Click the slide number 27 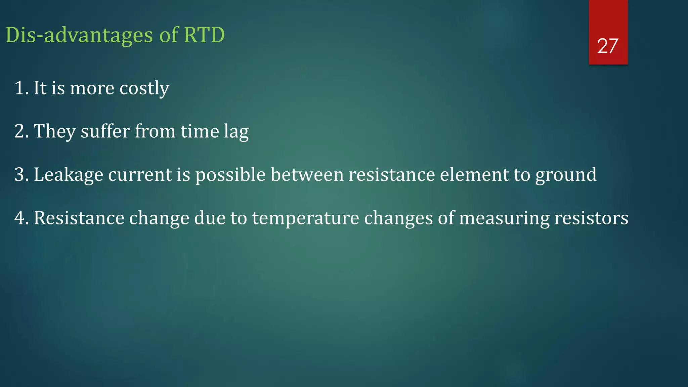coord(607,46)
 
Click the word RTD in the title coord(204,35)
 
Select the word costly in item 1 coord(144,89)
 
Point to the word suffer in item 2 coord(105,131)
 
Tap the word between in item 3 coord(307,175)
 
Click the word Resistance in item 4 coord(79,218)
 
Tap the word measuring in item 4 coord(504,218)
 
